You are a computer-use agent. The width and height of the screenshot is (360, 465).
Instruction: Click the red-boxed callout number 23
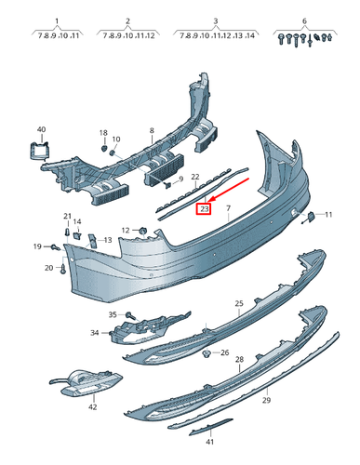[x=205, y=209]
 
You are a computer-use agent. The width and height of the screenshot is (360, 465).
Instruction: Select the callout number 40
[x=40, y=129]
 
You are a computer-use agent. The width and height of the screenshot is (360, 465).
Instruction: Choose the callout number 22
[x=195, y=176]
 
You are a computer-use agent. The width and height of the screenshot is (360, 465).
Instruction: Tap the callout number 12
[x=126, y=230]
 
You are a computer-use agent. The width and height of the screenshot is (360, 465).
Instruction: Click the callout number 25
[x=239, y=304]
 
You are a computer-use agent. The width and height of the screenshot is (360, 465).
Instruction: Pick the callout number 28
[x=239, y=358]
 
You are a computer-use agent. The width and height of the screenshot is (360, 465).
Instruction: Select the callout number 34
[x=94, y=332]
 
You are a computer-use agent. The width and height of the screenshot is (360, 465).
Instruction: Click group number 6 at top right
[x=304, y=20]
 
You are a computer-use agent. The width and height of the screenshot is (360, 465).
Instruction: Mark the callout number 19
[x=38, y=246]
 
